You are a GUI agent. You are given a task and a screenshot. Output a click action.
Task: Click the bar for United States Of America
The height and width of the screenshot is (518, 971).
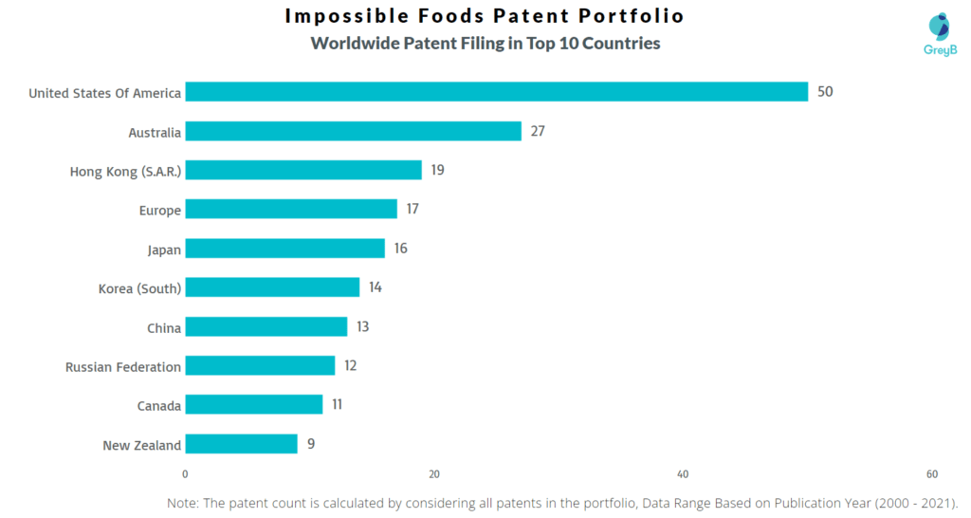[x=496, y=92]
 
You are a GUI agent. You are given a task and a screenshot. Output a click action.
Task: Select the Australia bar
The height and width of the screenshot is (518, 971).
[x=353, y=131]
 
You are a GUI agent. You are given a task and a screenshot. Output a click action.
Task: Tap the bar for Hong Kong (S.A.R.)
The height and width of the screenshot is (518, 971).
[x=302, y=170]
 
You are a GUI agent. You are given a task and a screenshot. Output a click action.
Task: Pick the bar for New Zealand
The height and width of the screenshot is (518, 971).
[x=241, y=444]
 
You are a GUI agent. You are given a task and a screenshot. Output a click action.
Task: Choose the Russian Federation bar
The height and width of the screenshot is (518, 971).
[x=260, y=365]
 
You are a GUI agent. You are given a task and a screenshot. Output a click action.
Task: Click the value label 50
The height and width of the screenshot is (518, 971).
[x=825, y=92]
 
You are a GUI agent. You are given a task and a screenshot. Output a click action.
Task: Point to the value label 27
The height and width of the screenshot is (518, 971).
[x=538, y=131]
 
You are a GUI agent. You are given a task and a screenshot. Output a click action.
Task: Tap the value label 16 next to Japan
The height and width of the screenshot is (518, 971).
[x=400, y=249]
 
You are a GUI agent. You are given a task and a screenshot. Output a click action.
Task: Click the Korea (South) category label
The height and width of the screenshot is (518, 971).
[x=139, y=287]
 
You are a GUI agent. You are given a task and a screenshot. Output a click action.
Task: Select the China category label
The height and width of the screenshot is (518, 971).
[x=164, y=327]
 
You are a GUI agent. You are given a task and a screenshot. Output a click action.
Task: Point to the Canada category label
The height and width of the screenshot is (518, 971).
[x=158, y=405]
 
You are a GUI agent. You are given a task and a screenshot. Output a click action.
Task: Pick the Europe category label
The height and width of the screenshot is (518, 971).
[x=160, y=210]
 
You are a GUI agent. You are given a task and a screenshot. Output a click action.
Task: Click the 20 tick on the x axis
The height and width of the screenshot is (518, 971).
[x=433, y=474]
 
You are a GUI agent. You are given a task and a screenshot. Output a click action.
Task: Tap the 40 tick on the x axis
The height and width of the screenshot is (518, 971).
[x=683, y=474]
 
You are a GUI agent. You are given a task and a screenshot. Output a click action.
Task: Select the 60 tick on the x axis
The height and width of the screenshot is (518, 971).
[x=932, y=474]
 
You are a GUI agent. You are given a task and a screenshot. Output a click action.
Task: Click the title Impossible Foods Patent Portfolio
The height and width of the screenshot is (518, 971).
[x=485, y=16]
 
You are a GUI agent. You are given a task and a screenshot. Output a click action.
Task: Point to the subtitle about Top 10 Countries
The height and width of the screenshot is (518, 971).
[x=485, y=44]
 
